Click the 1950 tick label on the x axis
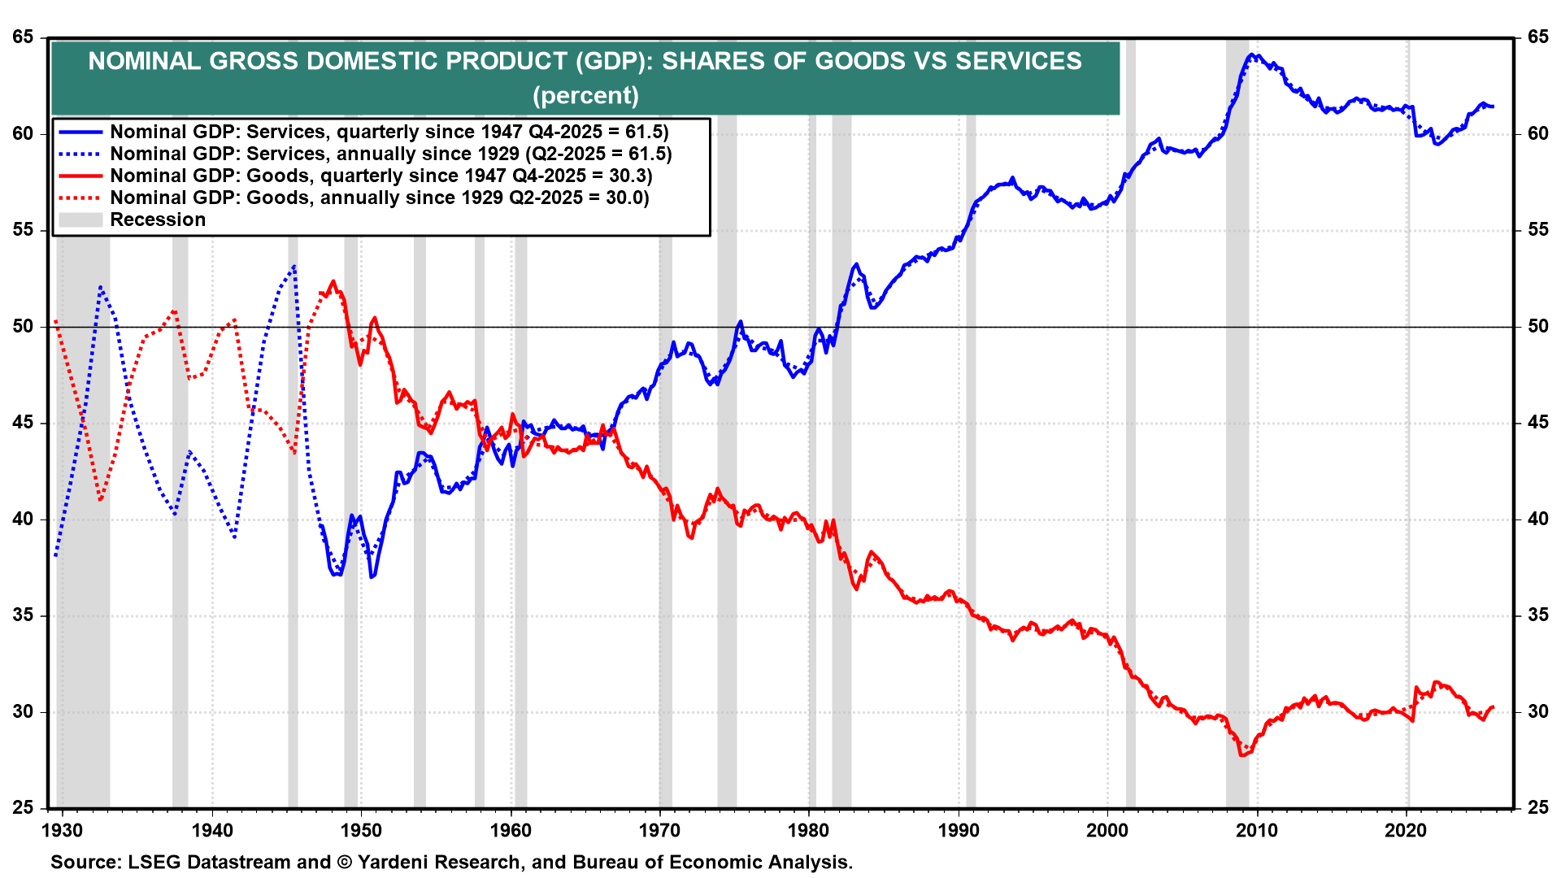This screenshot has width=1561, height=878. [361, 830]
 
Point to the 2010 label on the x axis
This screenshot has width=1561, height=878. [1257, 830]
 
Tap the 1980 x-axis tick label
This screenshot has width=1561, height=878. [809, 830]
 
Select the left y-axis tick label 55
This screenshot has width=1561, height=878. [23, 230]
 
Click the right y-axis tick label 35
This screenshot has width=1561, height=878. [1537, 615]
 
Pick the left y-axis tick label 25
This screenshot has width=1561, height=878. [23, 808]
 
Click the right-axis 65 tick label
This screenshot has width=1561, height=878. [1537, 37]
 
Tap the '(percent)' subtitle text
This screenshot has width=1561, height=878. [585, 95]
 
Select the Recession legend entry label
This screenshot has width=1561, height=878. [158, 219]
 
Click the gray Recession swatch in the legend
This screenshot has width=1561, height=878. [80, 219]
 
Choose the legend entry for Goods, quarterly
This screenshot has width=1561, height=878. [380, 176]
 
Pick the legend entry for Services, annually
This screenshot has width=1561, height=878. [390, 154]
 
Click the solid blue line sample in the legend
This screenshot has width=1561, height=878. [80, 132]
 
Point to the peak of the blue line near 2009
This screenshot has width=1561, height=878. [1253, 55]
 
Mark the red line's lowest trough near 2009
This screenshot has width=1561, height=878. [1241, 755]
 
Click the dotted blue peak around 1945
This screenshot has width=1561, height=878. [294, 266]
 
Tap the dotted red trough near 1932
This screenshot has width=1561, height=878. [100, 499]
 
